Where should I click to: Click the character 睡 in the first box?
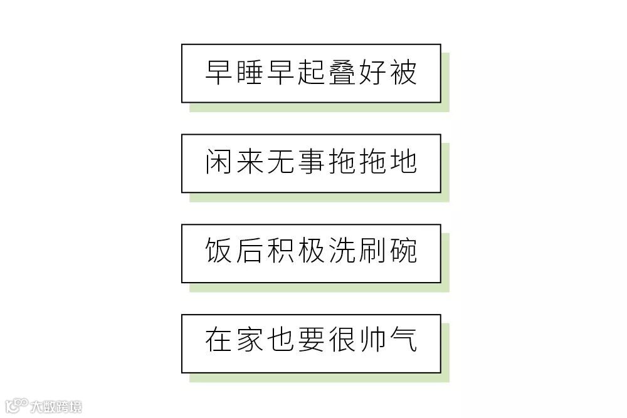pos(250,73)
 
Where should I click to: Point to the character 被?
pos(403,73)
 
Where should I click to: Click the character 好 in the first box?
pos(372,73)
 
